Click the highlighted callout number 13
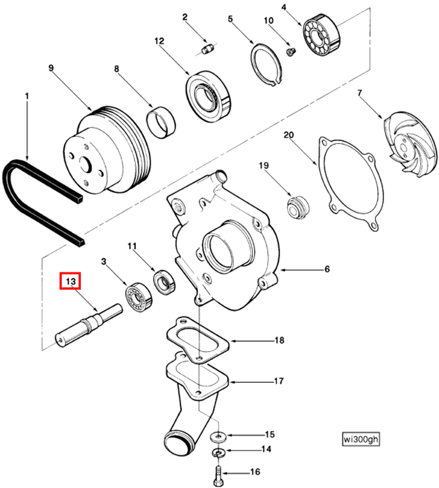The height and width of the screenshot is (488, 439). tap(72, 282)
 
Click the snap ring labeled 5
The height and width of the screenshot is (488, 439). tap(266, 63)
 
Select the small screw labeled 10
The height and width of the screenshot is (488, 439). tap(291, 51)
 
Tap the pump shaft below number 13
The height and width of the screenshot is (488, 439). tap(87, 327)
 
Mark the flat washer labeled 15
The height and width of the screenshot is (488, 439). tap(218, 434)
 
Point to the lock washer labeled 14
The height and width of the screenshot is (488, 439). tap(218, 452)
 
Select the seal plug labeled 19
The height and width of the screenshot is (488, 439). tap(299, 207)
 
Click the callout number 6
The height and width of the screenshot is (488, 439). tap(326, 269)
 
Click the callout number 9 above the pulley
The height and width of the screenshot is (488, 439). tap(51, 68)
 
